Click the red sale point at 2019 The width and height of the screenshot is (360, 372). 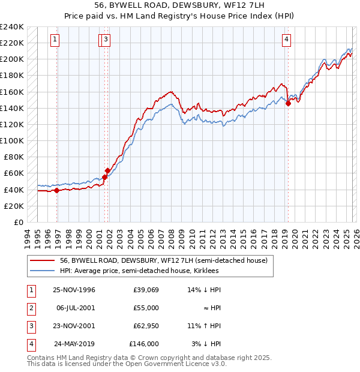tap(288, 103)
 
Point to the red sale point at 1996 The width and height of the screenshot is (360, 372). tap(57, 190)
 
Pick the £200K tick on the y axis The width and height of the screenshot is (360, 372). tap(12, 59)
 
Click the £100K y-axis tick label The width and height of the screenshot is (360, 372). tap(12, 140)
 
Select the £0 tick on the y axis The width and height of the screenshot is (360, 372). tap(18, 222)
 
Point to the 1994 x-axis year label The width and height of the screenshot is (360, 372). tap(26, 237)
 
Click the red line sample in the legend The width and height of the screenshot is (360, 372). tap(42, 260)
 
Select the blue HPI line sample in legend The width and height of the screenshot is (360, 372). tap(42, 271)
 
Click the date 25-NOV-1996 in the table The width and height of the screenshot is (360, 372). tap(74, 290)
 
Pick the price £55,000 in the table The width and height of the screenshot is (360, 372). tap(145, 308)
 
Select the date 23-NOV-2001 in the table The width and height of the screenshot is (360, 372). tap(74, 326)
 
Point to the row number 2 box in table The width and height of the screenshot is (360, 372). tap(31, 308)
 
